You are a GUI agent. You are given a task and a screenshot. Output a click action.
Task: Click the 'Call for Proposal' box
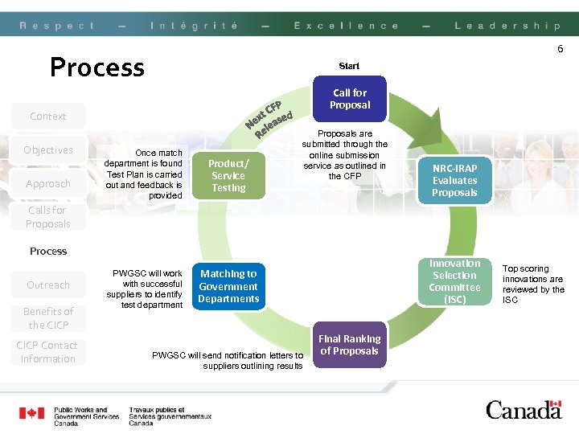coord(350,99)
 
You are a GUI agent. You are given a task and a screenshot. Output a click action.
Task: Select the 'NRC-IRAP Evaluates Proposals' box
coord(454,180)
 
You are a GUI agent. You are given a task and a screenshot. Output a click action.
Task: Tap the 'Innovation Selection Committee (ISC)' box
coord(454,281)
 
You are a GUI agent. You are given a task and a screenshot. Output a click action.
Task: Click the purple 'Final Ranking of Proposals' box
coord(350,345)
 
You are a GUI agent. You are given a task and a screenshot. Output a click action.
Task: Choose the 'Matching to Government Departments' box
coord(228,286)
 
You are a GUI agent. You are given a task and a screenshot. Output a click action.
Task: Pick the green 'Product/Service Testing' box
coord(228,175)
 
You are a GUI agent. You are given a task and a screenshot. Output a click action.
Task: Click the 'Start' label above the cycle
coord(349,66)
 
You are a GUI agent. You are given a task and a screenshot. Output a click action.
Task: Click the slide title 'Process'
coord(97,67)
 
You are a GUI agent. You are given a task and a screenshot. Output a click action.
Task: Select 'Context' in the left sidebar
coord(48,117)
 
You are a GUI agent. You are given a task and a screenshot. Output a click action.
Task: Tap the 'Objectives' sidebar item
coord(48,150)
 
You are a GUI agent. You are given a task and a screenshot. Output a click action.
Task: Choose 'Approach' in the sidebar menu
coord(48,184)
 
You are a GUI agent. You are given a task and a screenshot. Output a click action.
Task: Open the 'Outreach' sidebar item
coord(48,285)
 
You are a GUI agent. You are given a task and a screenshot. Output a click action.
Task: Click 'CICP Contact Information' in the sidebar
coord(48,352)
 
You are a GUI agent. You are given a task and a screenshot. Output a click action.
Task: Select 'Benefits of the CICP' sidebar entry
coord(48,318)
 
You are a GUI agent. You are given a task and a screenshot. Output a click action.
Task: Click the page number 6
coord(561,49)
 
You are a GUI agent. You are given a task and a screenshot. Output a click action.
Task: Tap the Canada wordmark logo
coord(524,410)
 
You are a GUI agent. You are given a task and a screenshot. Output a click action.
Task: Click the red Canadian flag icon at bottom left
coord(32,414)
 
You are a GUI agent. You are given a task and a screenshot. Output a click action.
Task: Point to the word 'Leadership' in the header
coord(507,26)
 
